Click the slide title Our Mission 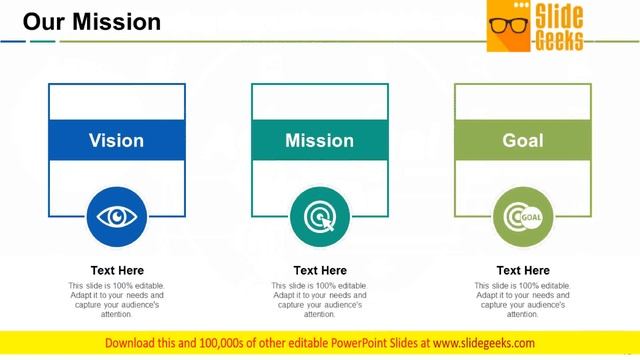point(92,21)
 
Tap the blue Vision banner point(116,141)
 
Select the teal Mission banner point(320,141)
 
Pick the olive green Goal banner point(523,141)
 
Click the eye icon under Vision point(117,216)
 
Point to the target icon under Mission point(320,216)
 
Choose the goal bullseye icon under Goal point(523,216)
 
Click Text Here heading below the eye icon point(117,270)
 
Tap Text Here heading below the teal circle point(320,270)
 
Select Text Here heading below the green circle point(523,270)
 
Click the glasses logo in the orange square point(508,27)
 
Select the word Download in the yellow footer point(135,343)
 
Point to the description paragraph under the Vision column point(117,300)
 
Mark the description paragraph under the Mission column point(320,300)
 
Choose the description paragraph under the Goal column point(523,300)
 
